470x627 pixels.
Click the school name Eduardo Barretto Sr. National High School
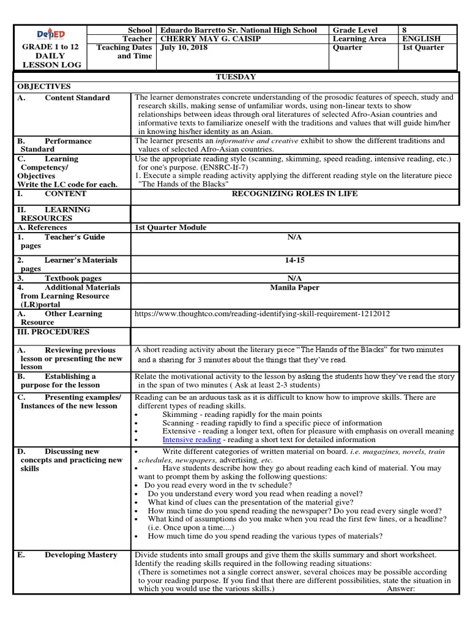click(238, 30)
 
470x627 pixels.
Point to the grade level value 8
click(404, 30)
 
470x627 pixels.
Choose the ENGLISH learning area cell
click(421, 39)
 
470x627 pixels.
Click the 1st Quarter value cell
click(423, 47)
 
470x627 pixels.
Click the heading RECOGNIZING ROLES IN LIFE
click(294, 193)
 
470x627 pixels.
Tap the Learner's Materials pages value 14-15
click(294, 260)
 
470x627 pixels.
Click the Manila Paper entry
click(294, 287)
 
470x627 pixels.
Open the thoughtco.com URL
click(262, 314)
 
